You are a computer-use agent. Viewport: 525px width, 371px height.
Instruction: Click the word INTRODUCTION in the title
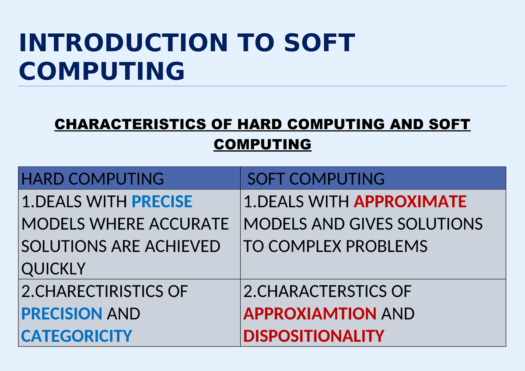coord(123,42)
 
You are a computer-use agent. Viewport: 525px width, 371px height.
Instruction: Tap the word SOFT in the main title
coord(320,42)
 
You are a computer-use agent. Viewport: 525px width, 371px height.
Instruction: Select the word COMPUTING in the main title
coord(102,71)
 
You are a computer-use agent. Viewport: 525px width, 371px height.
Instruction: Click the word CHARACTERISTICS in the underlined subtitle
coord(130,124)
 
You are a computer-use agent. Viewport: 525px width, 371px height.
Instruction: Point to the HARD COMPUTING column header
coord(93,179)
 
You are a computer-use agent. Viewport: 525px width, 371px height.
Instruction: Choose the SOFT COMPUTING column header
coord(316,179)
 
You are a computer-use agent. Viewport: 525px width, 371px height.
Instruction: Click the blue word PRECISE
coord(162,201)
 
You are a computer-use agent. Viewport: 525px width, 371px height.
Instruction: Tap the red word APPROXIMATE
coord(410,201)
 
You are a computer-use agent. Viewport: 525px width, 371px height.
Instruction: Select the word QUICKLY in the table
coord(53,269)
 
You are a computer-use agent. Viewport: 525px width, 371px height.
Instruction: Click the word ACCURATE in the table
coord(189,224)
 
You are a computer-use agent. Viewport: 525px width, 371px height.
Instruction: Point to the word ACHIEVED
coord(182,246)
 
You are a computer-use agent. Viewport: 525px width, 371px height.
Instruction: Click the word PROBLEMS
coord(386,246)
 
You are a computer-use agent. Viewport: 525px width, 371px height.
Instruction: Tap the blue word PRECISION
coord(62,314)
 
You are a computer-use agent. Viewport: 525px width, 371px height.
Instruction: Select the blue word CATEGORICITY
coord(77,336)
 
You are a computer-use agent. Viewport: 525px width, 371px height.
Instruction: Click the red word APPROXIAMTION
coord(310,314)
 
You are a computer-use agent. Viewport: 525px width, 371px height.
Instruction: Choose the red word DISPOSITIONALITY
coord(314,336)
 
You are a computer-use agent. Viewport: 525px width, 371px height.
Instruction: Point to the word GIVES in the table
coord(371,224)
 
